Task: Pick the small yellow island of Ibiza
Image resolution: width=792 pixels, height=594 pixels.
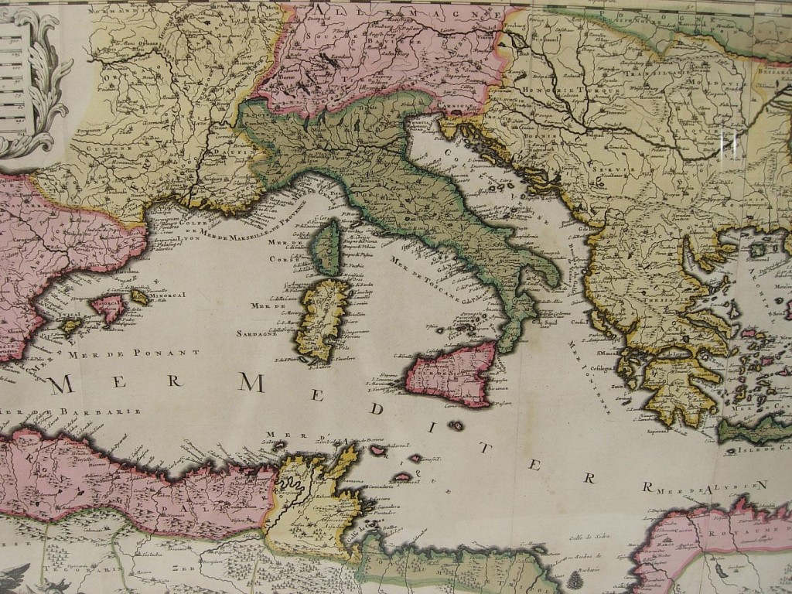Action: coord(70,326)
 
